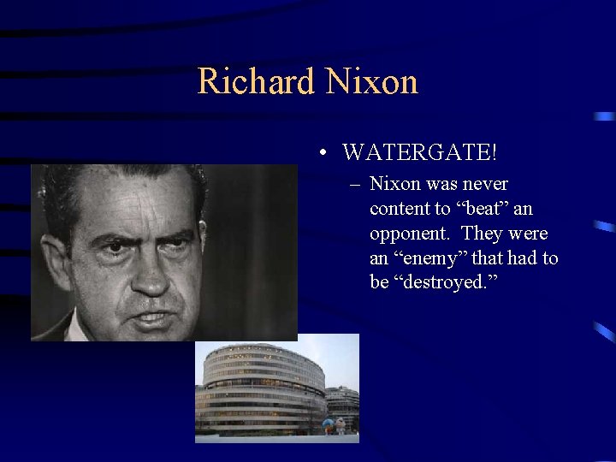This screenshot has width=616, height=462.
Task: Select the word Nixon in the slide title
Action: click(x=370, y=82)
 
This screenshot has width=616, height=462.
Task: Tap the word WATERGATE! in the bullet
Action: click(x=419, y=153)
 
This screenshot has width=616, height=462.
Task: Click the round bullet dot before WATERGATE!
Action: click(x=320, y=154)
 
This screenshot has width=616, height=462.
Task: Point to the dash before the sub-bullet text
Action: click(x=354, y=185)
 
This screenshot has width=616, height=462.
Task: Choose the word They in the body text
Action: click(x=482, y=234)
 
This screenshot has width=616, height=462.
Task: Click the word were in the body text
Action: click(x=529, y=234)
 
